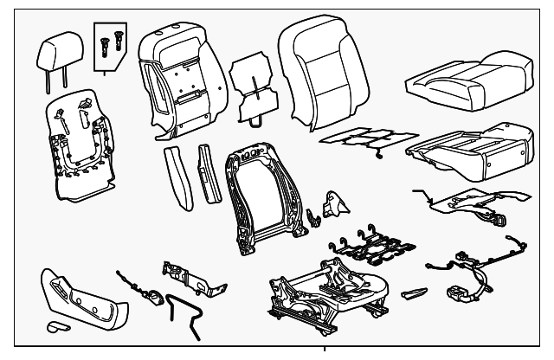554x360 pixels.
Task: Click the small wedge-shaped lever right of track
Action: click(x=415, y=291)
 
